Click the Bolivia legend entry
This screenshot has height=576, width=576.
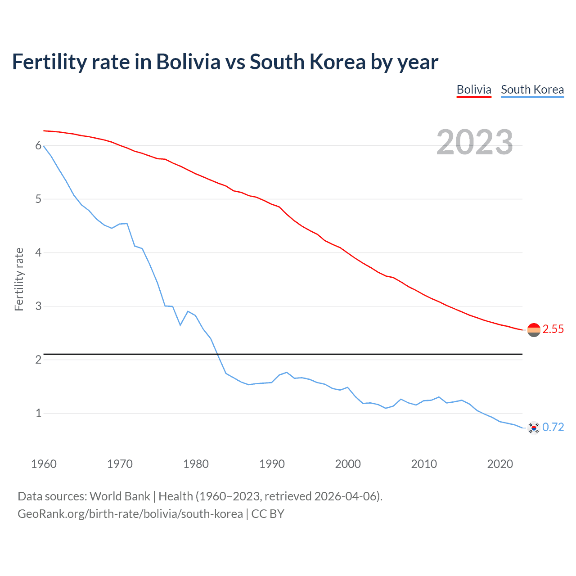474,90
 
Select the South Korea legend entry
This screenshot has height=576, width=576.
532,90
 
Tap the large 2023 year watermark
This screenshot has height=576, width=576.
474,142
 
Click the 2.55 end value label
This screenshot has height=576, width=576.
553,329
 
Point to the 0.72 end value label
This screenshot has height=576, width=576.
553,427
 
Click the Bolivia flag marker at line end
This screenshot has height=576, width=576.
534,330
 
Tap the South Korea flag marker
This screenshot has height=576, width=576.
534,428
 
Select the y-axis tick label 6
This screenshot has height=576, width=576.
38,146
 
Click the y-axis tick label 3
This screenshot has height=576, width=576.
38,306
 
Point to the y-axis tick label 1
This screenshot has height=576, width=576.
38,413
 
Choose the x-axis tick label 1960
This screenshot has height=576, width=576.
44,464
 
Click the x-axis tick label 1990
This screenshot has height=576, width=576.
272,464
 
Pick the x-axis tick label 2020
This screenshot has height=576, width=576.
500,464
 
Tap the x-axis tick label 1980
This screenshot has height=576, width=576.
196,464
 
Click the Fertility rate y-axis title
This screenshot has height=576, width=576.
19,279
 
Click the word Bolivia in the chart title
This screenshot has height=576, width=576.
188,62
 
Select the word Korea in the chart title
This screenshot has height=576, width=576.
336,62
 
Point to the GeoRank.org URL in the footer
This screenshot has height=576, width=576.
130,514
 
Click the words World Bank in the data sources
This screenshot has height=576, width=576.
120,496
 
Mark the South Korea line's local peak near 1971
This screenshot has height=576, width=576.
127,223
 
